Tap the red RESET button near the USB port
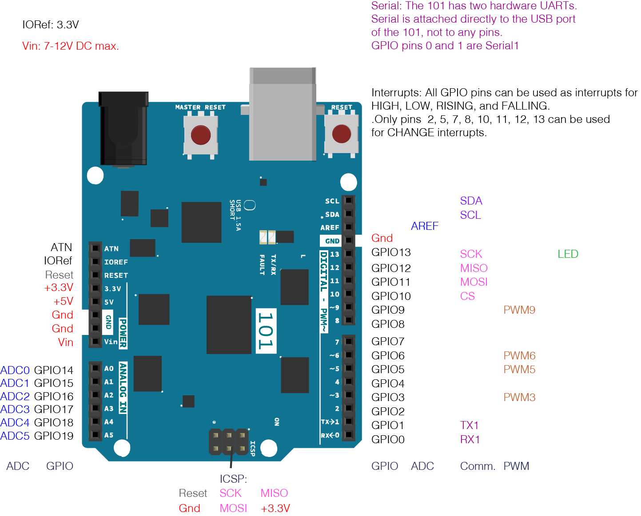[341, 134]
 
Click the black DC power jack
[123, 129]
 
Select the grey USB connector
[283, 114]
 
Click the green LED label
[568, 254]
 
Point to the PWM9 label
[519, 310]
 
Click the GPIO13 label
[391, 252]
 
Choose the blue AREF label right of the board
[425, 226]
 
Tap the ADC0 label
[15, 370]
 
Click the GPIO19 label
[54, 436]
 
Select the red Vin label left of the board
[65, 343]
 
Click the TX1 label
[469, 425]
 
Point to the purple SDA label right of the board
[471, 201]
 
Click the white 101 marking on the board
[266, 331]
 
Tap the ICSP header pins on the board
[229, 441]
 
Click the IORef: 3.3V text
[51, 25]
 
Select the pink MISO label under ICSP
[274, 493]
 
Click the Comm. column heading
[478, 466]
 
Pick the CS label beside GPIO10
[467, 296]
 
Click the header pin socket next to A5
[95, 435]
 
